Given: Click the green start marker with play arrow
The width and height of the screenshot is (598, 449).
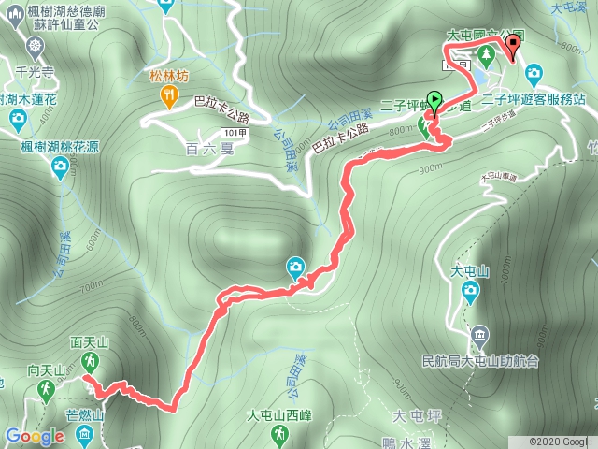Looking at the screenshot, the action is (434, 98).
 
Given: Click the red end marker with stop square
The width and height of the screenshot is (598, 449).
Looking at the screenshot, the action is (512, 43).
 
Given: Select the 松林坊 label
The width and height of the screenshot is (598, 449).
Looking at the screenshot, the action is (168, 77).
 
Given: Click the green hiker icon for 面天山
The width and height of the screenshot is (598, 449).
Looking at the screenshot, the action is (90, 361).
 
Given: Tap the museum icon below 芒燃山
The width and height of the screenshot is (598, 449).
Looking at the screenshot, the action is (84, 433).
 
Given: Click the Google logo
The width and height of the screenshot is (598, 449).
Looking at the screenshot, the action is (33, 436).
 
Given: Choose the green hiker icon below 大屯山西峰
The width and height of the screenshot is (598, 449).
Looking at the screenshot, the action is (278, 434).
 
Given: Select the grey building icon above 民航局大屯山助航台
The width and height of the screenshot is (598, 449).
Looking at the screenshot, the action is (479, 335).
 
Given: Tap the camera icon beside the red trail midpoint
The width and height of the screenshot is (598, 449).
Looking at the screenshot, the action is (295, 268).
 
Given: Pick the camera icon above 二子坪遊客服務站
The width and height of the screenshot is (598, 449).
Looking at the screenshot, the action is (533, 72).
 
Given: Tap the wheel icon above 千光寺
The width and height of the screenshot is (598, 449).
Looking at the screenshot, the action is (36, 46).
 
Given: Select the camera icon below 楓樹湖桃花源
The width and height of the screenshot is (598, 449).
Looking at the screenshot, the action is (60, 167).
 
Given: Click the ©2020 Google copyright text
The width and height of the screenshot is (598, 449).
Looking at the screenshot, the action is (558, 441).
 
